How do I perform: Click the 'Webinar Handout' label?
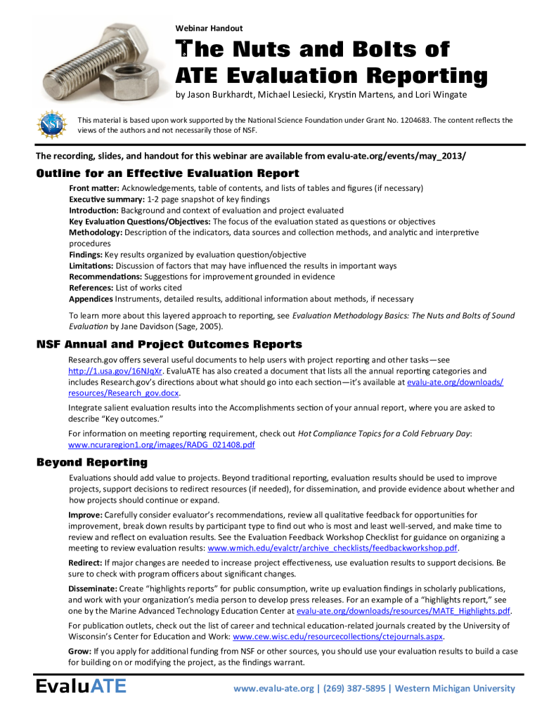(209, 28)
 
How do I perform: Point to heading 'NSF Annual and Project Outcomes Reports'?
(169, 344)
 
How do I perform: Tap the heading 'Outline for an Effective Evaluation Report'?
(167, 173)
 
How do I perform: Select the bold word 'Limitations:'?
(91, 266)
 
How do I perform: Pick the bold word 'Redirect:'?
(85, 563)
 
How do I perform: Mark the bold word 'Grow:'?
(79, 652)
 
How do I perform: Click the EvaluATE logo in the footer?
(82, 686)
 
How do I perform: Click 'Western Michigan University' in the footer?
(455, 688)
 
